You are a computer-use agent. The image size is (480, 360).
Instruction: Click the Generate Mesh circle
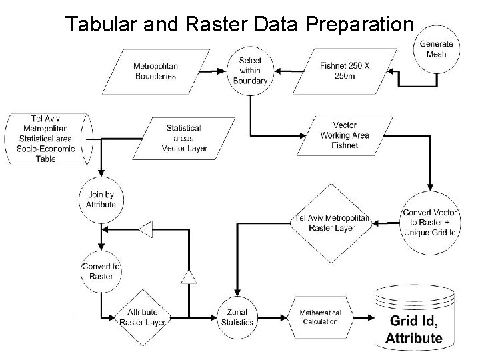(436, 49)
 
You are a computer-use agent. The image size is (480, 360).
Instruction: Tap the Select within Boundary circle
(250, 70)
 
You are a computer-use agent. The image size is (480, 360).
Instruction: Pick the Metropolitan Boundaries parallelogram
(155, 71)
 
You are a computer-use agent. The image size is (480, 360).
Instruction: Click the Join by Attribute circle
(101, 199)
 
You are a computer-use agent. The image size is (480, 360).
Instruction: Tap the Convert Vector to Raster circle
(430, 223)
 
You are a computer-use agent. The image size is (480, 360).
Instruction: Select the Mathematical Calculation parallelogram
(319, 317)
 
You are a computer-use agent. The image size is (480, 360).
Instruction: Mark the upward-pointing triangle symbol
(189, 275)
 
